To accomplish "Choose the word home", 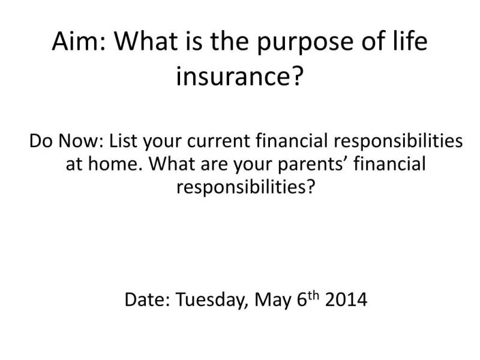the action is (115, 164).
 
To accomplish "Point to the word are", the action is (214, 166).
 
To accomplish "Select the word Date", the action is (147, 299).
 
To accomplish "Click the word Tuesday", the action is (212, 300).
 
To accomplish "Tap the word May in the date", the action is (273, 301).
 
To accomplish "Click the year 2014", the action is (346, 299).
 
